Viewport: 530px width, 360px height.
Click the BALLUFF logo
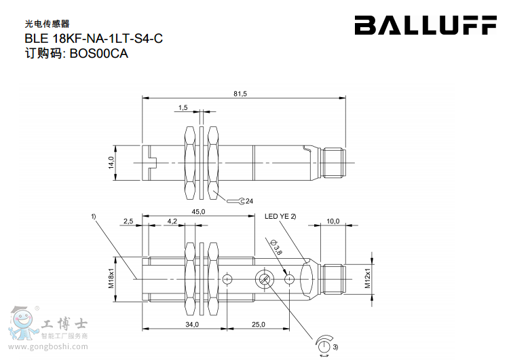pos(425,26)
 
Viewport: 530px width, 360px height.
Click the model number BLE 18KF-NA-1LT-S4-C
pos(93,39)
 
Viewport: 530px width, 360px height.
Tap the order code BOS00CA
pos(98,54)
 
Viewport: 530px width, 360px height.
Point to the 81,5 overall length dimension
pos(240,94)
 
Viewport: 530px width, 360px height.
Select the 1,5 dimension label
pos(183,108)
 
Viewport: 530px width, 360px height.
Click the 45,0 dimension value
pos(199,212)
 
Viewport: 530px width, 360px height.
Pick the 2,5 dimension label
pos(128,221)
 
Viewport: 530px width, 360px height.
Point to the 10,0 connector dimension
pos(333,221)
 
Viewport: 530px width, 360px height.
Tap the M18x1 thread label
pos(111,277)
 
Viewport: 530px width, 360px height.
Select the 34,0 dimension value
pos(192,325)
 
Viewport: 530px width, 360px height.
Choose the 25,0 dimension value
pos(258,325)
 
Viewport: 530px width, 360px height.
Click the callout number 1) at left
pos(94,217)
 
